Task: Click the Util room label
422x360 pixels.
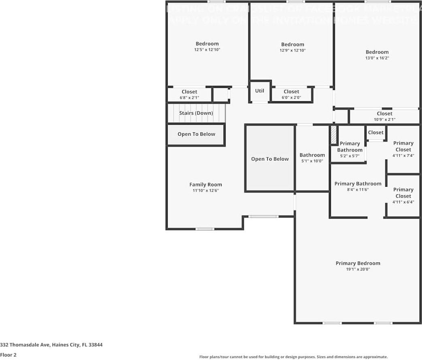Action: pyautogui.click(x=260, y=91)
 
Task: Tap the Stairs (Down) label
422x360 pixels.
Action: pyautogui.click(x=196, y=113)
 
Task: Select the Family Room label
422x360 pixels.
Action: pyautogui.click(x=206, y=185)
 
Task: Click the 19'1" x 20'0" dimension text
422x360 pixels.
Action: pyautogui.click(x=358, y=269)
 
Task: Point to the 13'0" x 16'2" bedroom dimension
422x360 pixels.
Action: pyautogui.click(x=377, y=58)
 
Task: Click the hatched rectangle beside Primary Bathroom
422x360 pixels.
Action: pyautogui.click(x=334, y=135)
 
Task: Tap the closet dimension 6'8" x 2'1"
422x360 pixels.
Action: pyautogui.click(x=189, y=98)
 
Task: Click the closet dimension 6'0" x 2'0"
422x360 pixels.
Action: pyautogui.click(x=291, y=98)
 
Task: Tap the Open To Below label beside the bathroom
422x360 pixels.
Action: pyautogui.click(x=270, y=159)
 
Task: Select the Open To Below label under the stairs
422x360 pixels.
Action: pyautogui.click(x=196, y=134)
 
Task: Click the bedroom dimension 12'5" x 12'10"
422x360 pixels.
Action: pyautogui.click(x=207, y=50)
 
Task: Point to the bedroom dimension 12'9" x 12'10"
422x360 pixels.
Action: pyautogui.click(x=292, y=51)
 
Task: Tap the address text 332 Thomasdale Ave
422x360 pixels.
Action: pyautogui.click(x=51, y=345)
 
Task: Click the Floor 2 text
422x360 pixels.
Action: pyautogui.click(x=8, y=355)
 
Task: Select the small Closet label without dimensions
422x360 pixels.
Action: pyautogui.click(x=375, y=132)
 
